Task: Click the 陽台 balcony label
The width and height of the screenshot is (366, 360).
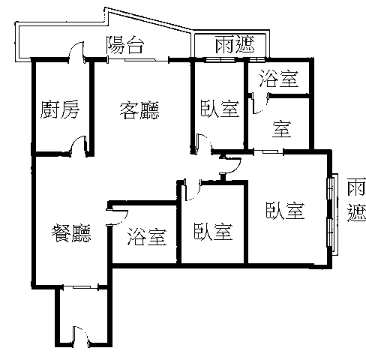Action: pos(125,45)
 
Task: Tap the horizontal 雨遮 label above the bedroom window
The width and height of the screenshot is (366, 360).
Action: pos(235,44)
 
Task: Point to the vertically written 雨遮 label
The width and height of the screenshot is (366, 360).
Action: pos(356,200)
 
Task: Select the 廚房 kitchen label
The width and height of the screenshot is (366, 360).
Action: pos(60,109)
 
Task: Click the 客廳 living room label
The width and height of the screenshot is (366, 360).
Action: pos(139,110)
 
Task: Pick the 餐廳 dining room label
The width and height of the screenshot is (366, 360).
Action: pos(71,233)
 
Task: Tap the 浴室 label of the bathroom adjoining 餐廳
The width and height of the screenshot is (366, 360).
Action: pos(147,236)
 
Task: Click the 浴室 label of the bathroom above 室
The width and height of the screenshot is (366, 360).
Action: pos(279,78)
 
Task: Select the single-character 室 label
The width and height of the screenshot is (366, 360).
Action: pos(282,129)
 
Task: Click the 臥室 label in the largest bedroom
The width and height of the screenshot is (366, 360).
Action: pos(285,211)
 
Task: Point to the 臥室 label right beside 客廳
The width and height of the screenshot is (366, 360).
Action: pos(220,109)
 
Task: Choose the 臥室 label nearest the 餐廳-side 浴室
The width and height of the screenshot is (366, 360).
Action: pos(213,231)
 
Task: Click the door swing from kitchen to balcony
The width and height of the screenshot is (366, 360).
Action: pos(76,52)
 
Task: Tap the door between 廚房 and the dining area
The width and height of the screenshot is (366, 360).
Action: pos(78,145)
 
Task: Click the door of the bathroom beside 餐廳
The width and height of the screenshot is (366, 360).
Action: pos(118,217)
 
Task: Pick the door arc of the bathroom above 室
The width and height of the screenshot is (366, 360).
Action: pos(260,103)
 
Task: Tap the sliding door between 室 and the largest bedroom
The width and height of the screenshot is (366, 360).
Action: pos(268,151)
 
